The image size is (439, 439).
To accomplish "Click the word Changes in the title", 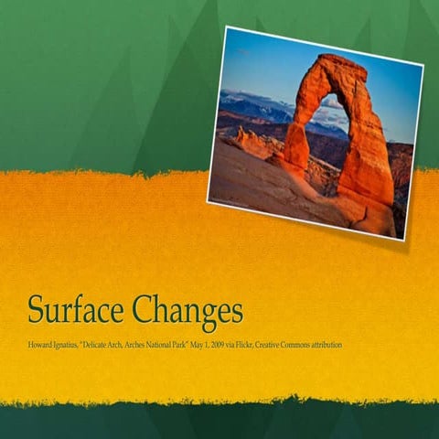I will pyautogui.click(x=187, y=312).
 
